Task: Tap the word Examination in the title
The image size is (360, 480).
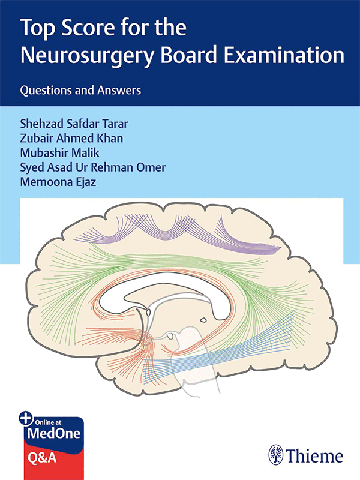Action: pyautogui.click(x=284, y=55)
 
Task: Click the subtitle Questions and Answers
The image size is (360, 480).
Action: pyautogui.click(x=80, y=91)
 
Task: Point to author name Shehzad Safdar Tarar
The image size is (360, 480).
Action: pyautogui.click(x=74, y=124)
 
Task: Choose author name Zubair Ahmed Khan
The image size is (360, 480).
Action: pyautogui.click(x=71, y=138)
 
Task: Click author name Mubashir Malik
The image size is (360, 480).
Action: pyautogui.click(x=59, y=152)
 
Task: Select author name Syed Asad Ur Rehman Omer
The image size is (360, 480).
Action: pyautogui.click(x=93, y=167)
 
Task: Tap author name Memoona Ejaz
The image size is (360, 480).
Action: pyautogui.click(x=58, y=182)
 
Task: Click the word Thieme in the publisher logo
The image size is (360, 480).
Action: pyautogui.click(x=314, y=456)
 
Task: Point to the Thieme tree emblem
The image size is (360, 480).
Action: pyautogui.click(x=276, y=455)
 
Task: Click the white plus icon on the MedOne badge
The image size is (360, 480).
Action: pyautogui.click(x=26, y=418)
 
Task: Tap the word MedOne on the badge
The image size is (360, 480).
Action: pyautogui.click(x=54, y=433)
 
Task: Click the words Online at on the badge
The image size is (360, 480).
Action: pyautogui.click(x=48, y=422)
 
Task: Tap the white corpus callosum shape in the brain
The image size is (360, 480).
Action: pyautogui.click(x=166, y=294)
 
